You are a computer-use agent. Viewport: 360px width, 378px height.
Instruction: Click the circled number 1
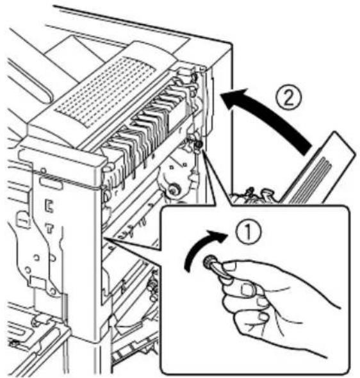pyautogui.click(x=248, y=232)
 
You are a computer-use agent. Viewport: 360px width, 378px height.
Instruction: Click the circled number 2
pyautogui.click(x=289, y=97)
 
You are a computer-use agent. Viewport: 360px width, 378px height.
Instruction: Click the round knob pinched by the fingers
pyautogui.click(x=209, y=261)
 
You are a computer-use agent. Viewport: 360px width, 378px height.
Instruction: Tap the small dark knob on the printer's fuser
pyautogui.click(x=198, y=144)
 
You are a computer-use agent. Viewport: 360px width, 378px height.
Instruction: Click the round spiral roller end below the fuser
pyautogui.click(x=173, y=189)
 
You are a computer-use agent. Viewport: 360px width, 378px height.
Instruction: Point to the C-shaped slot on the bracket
pyautogui.click(x=49, y=206)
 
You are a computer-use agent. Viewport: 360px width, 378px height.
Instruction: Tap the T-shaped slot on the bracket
pyautogui.click(x=49, y=227)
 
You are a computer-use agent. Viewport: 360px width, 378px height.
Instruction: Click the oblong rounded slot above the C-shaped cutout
pyautogui.click(x=51, y=183)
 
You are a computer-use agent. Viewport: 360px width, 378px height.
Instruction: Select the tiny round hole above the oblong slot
pyautogui.click(x=43, y=170)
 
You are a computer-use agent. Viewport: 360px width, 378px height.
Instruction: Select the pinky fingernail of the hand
pyautogui.click(x=263, y=316)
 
